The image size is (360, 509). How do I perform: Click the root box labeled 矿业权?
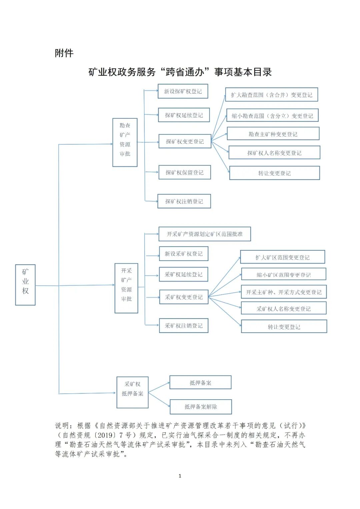pos(25,285)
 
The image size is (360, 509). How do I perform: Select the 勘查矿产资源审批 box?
pos(125,142)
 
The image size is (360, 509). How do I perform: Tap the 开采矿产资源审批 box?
pos(126,288)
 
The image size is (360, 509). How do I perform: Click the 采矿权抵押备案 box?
pos(132,392)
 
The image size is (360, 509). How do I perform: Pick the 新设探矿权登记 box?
pos(183,91)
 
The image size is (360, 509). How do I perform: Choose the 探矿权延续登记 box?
pos(184,115)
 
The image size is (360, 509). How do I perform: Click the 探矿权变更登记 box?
pos(185,141)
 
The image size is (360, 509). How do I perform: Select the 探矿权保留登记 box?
pos(184,172)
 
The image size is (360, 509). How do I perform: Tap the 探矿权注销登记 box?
pos(184,201)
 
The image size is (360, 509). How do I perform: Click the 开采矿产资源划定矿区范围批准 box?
pos(204,234)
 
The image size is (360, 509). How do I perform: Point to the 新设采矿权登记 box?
pos(183,254)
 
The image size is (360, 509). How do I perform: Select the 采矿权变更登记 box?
pos(184,297)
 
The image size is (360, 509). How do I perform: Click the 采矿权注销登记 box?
pos(183,326)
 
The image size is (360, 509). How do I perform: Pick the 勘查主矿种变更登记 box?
pos(273,134)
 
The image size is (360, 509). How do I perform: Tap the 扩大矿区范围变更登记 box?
pos(282,257)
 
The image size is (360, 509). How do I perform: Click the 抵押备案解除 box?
pos(201,407)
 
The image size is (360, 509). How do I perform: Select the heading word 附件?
pos(64,53)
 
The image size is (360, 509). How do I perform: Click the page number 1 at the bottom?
pos(180,476)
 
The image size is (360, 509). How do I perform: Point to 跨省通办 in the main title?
pos(185,72)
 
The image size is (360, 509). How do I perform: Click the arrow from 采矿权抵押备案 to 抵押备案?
pos(159,387)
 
